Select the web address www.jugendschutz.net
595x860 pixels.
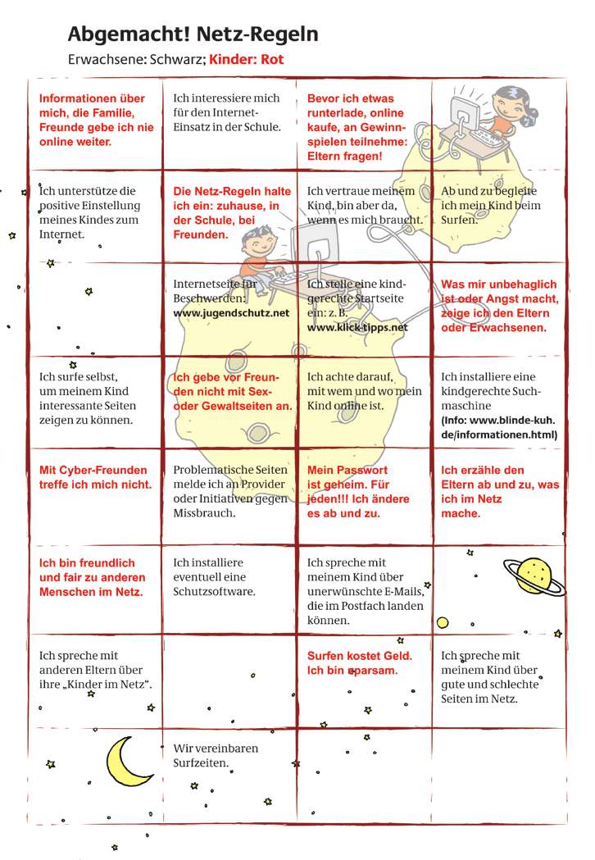tap(231, 313)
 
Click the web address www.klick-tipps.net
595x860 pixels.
tap(357, 327)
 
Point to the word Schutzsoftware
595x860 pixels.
tap(215, 591)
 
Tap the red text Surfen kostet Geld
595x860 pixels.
tap(359, 656)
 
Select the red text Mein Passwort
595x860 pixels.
tap(347, 471)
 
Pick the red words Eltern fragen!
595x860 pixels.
tap(344, 156)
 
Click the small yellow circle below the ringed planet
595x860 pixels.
tap(443, 622)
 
